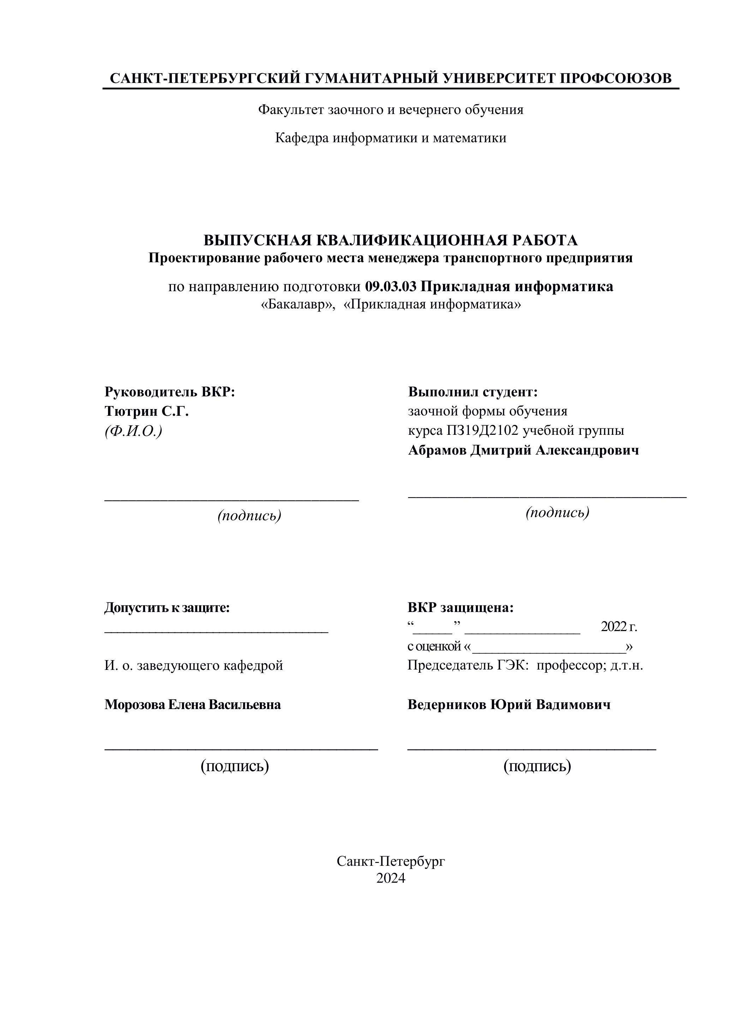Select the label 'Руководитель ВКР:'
point(170,392)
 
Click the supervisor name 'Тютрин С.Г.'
point(146,411)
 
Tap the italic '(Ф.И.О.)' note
point(133,431)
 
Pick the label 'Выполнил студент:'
point(473,392)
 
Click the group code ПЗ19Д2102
point(482,431)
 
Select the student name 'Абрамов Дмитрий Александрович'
point(523,450)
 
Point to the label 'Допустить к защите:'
point(167,608)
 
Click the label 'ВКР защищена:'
point(460,608)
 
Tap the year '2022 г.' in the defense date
point(619,626)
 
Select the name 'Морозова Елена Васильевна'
point(192,704)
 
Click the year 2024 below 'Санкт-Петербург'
point(391,878)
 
